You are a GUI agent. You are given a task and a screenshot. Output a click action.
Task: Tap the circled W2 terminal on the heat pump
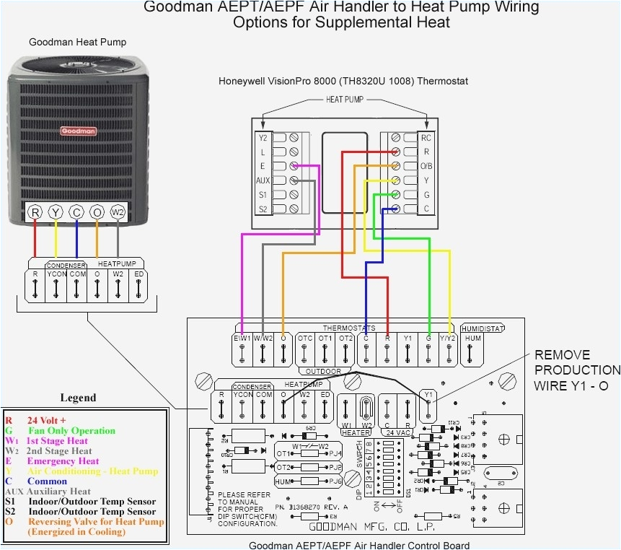(x=118, y=212)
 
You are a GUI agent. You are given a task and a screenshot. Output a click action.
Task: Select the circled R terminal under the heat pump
(x=35, y=212)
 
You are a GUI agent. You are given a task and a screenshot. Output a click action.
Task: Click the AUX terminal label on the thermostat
(x=263, y=180)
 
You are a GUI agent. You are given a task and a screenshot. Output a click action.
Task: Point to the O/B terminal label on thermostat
(x=426, y=165)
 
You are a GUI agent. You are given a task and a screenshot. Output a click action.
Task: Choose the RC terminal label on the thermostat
(x=426, y=137)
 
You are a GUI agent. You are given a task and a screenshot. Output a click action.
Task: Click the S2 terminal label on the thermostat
(x=263, y=209)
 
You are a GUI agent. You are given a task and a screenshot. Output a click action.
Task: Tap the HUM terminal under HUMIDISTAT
(x=472, y=338)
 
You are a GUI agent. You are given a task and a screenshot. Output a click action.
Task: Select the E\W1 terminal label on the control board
(x=243, y=338)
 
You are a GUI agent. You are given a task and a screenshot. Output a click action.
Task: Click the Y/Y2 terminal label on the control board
(x=449, y=338)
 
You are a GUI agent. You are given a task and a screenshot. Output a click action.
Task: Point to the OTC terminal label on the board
(x=305, y=338)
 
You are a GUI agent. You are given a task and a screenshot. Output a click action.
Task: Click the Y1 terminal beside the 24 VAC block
(x=428, y=395)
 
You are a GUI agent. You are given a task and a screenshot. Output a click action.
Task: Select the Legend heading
(x=77, y=398)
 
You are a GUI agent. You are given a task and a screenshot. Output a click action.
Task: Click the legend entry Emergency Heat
(x=63, y=461)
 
